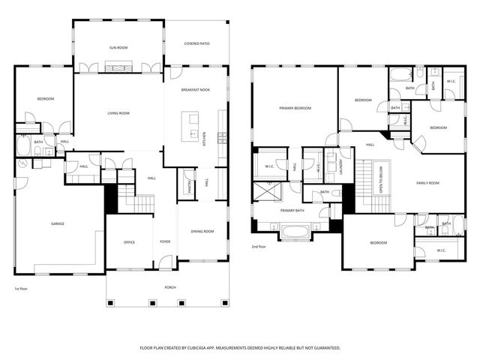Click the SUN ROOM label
[x=118, y=48]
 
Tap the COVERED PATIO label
[x=196, y=43]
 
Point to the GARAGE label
[x=57, y=223]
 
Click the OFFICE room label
[x=128, y=242]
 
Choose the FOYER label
[x=165, y=242]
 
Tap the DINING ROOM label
[x=202, y=231]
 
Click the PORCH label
[x=170, y=286]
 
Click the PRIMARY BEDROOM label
[x=295, y=108]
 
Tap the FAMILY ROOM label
[x=430, y=182]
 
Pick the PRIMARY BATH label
[x=292, y=211]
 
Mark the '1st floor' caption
[x=22, y=289]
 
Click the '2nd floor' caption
[x=259, y=246]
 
